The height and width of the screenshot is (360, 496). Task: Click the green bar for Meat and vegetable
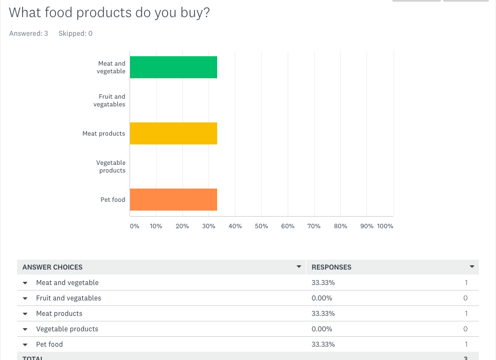click(173, 67)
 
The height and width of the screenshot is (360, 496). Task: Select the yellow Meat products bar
click(173, 133)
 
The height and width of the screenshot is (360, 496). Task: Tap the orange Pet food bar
click(173, 200)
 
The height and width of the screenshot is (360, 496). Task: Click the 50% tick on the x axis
click(261, 226)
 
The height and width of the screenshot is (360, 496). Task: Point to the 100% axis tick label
click(385, 226)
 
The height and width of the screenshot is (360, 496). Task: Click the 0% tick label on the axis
click(134, 226)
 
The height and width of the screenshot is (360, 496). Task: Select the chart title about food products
click(109, 12)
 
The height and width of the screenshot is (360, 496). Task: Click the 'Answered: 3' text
click(29, 34)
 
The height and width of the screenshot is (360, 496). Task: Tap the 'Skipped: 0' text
click(76, 34)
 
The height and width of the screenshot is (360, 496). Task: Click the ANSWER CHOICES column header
click(52, 267)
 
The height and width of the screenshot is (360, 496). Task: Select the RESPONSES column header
click(331, 267)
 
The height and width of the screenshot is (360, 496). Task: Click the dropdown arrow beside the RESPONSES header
click(472, 267)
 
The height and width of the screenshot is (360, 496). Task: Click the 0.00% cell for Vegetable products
click(322, 329)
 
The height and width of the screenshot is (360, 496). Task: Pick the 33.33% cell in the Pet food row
click(323, 344)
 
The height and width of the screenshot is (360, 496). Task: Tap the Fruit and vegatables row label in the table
click(68, 298)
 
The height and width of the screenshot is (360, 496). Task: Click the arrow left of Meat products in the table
click(25, 314)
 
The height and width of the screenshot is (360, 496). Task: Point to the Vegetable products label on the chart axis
click(111, 166)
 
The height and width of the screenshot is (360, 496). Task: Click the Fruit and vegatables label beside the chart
click(109, 100)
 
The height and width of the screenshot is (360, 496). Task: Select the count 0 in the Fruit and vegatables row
click(465, 298)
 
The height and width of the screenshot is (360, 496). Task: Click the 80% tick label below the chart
click(341, 226)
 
